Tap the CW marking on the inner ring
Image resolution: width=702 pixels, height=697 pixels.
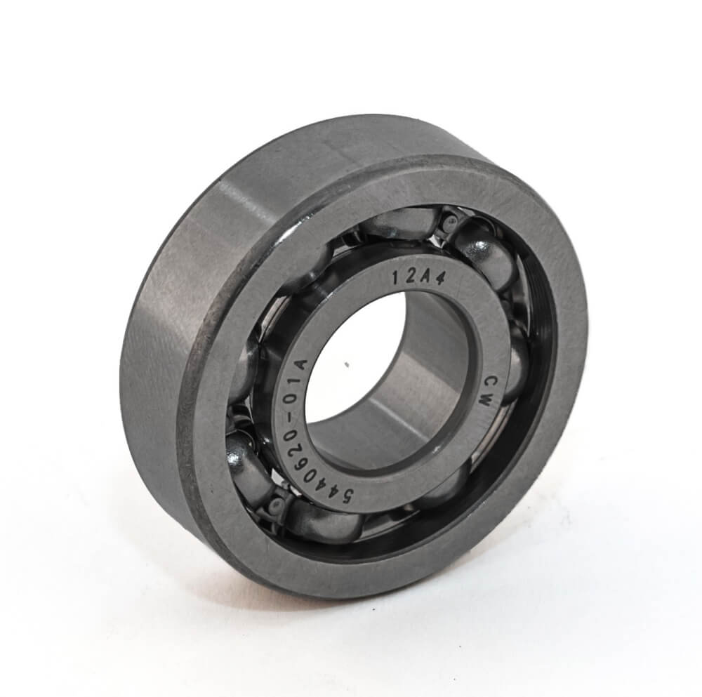click(x=485, y=390)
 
